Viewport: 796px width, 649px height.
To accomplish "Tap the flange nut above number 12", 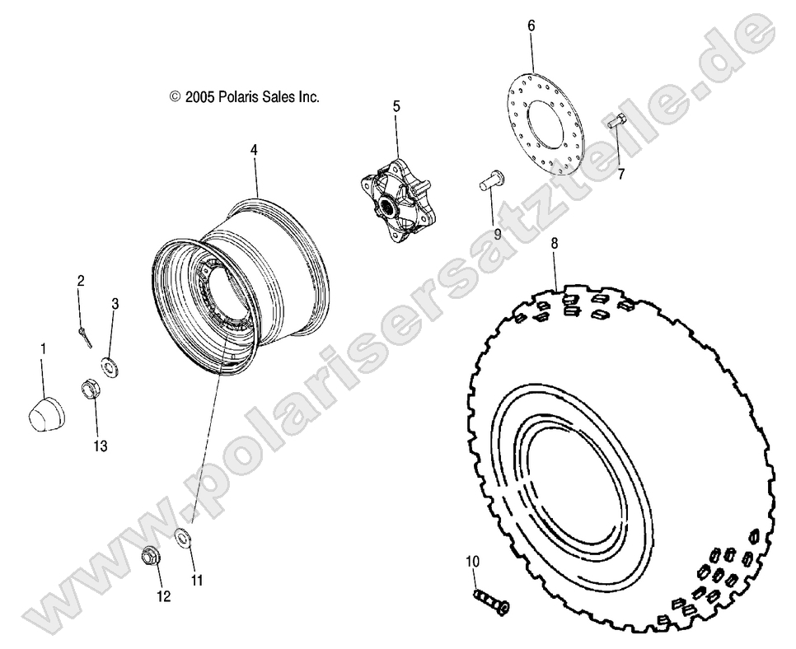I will coord(151,557).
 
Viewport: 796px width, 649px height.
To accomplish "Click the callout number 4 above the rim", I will coord(255,150).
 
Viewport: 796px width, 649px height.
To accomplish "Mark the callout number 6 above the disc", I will coord(531,26).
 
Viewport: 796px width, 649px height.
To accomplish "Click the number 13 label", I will coord(101,446).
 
